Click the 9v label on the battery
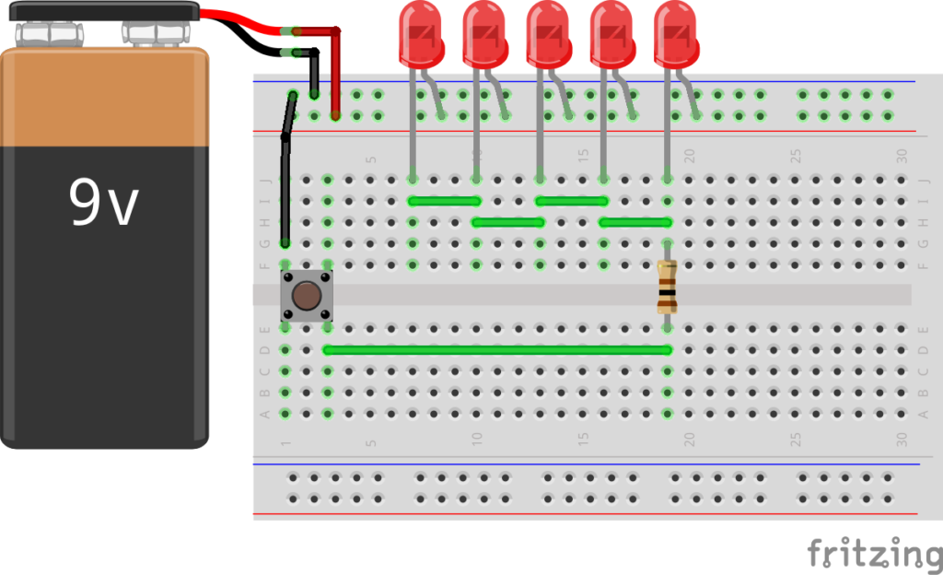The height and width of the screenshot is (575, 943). (x=103, y=204)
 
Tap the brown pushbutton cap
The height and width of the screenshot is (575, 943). (x=307, y=296)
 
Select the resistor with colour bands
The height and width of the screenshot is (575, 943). (x=668, y=287)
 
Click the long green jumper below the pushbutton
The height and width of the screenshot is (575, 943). (x=497, y=350)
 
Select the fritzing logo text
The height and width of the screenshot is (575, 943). (x=874, y=555)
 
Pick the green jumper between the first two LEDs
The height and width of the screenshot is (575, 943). (x=444, y=201)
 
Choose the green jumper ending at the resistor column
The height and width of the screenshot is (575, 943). (x=634, y=222)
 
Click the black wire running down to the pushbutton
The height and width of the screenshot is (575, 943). (x=285, y=184)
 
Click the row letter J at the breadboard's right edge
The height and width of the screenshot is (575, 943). (x=923, y=181)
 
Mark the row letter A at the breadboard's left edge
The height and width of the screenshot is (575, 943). (x=265, y=414)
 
